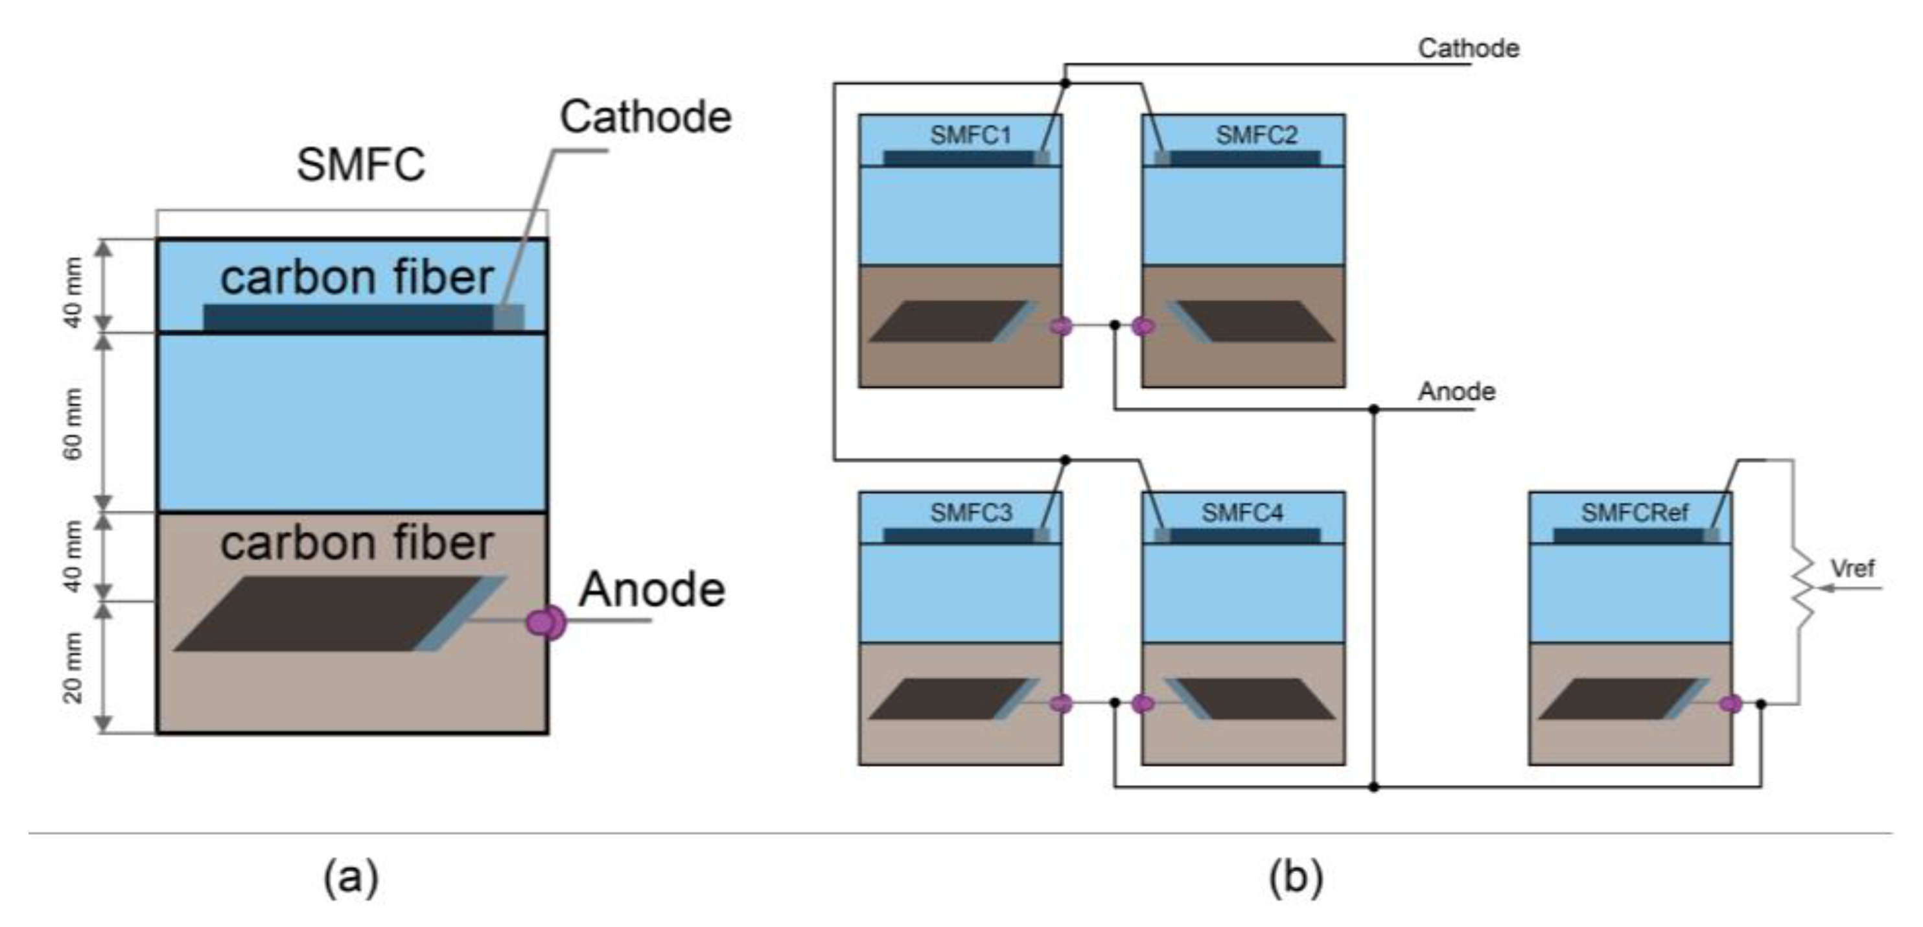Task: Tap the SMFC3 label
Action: click(x=970, y=513)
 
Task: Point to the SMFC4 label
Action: click(x=1242, y=513)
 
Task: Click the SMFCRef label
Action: click(x=1635, y=513)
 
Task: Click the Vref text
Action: click(x=1852, y=569)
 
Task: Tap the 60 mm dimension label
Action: click(x=73, y=423)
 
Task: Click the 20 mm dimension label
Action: click(x=73, y=667)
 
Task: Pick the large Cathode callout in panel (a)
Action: click(x=646, y=117)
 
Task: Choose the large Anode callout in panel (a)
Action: click(x=652, y=590)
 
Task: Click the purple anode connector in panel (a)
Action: click(x=546, y=621)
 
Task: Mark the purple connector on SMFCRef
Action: click(x=1730, y=704)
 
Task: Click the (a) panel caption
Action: click(x=351, y=877)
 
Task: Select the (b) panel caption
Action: click(x=1296, y=877)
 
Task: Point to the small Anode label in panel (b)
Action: click(x=1456, y=392)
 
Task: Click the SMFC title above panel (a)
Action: click(x=360, y=164)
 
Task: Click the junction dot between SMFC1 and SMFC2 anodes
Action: click(x=1115, y=325)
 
